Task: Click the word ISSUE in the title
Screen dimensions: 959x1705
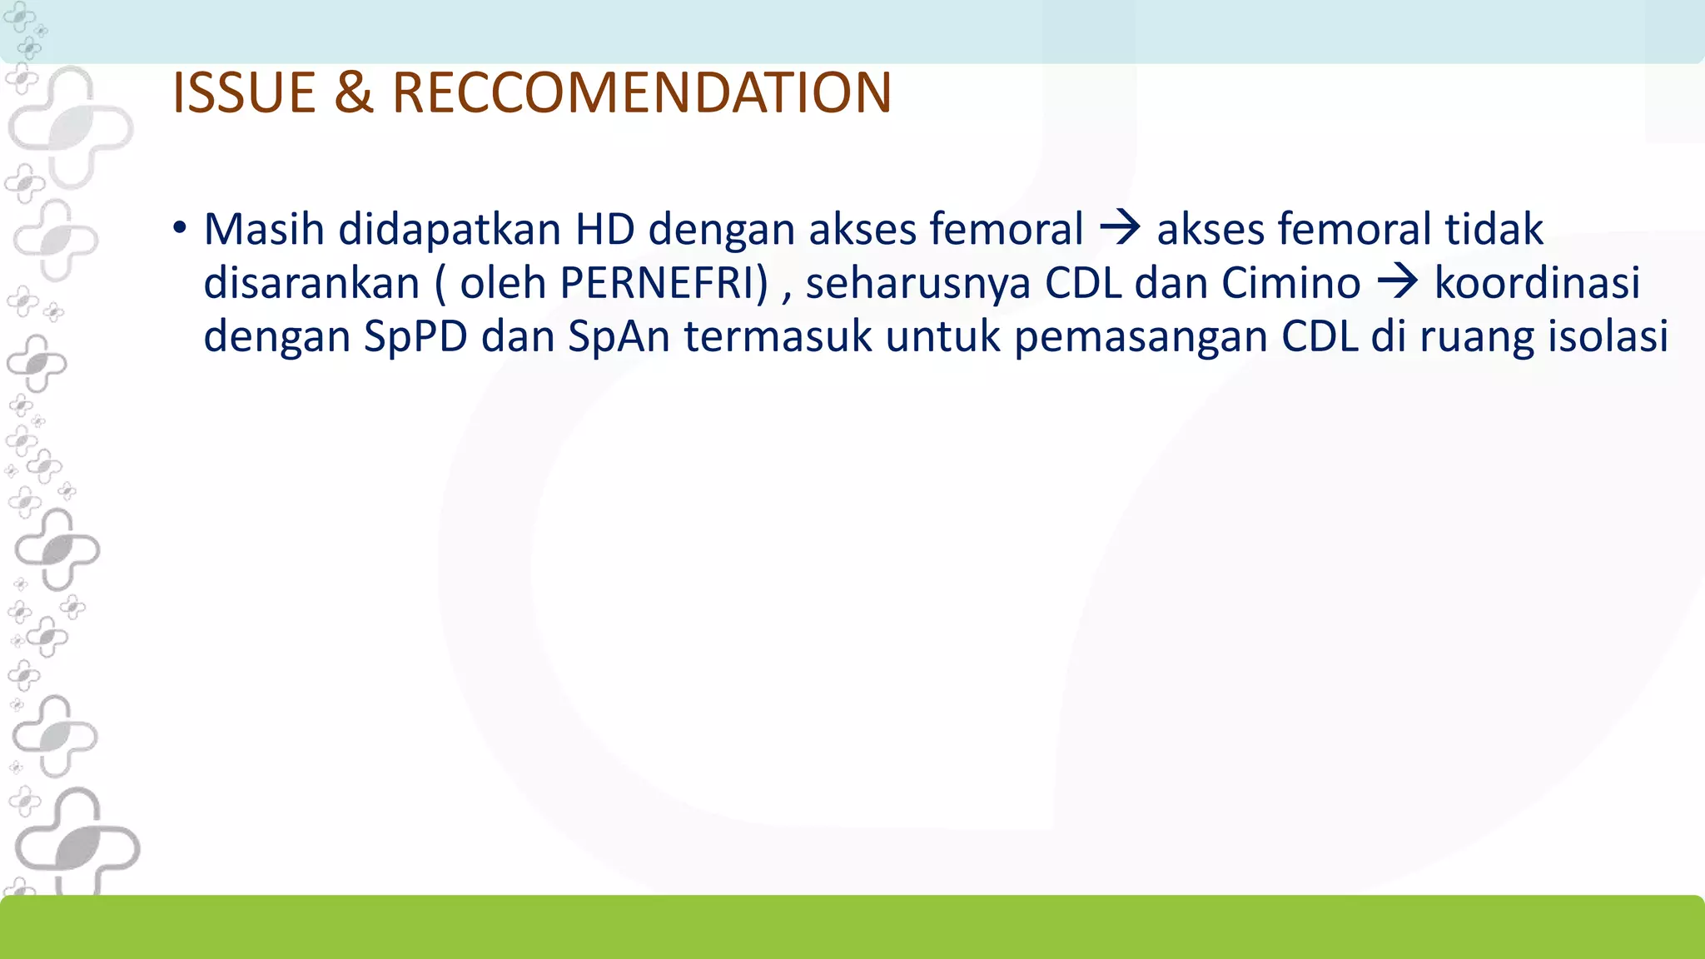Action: tap(243, 92)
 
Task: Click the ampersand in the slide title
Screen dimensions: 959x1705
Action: tap(354, 92)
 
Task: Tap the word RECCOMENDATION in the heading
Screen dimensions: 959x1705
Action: tap(642, 92)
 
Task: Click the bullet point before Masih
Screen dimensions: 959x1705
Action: tap(180, 229)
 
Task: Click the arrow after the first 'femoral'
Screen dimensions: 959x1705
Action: tap(1120, 229)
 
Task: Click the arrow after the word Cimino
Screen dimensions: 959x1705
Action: tap(1398, 283)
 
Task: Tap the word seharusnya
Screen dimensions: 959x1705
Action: tap(917, 285)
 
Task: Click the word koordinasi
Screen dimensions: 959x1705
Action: tap(1537, 283)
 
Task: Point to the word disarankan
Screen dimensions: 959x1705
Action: tap(311, 283)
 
